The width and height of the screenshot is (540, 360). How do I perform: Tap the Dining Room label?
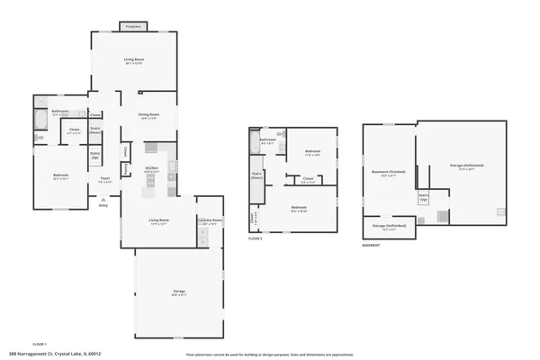[148, 115]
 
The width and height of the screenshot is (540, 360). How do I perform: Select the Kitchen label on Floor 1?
[152, 168]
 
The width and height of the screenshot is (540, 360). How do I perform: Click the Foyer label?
[105, 180]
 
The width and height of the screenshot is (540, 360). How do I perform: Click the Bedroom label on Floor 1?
[60, 176]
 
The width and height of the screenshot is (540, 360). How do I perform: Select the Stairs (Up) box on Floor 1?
[94, 156]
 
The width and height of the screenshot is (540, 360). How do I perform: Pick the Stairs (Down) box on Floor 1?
[94, 130]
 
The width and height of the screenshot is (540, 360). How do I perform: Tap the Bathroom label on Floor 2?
[268, 139]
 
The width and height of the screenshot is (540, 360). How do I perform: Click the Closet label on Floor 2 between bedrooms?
[307, 179]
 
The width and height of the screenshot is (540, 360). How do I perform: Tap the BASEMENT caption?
[371, 245]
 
